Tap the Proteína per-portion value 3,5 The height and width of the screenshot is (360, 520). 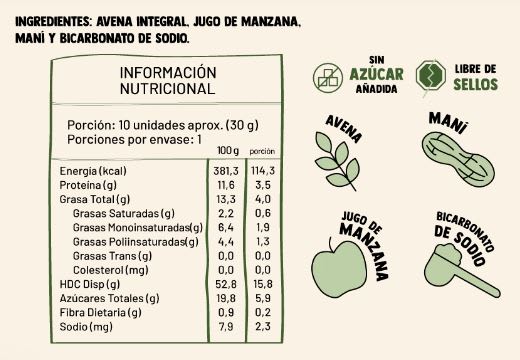tap(263, 185)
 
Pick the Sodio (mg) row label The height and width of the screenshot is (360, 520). tap(86, 326)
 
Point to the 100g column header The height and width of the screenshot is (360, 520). tap(229, 150)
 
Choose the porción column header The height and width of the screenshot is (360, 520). tap(262, 150)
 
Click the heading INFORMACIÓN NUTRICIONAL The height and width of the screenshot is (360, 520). tap(168, 80)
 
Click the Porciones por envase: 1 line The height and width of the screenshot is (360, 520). tap(135, 139)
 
